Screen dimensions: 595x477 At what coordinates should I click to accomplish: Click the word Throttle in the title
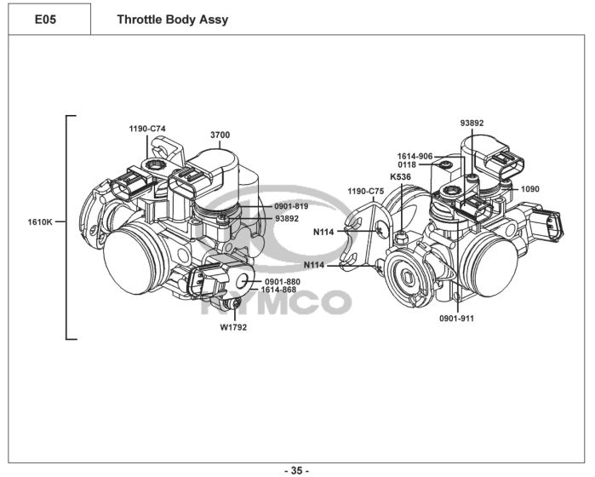pos(139,19)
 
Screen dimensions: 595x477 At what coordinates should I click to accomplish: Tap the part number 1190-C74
pos(147,129)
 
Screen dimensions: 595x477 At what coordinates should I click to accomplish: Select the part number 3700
pos(220,135)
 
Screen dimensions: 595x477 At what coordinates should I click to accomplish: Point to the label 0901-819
pos(291,206)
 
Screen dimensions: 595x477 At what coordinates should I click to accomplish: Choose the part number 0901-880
pos(282,281)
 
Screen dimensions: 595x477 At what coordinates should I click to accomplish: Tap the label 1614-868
pos(278,290)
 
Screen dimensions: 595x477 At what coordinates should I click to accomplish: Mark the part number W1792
pos(233,327)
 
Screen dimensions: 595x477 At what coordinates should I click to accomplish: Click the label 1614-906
pos(415,157)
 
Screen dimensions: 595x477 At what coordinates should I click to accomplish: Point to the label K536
pos(400,176)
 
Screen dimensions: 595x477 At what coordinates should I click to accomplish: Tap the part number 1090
pos(529,188)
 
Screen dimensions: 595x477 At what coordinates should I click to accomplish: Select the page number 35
pos(296,469)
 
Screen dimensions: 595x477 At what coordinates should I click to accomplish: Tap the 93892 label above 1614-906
pos(472,123)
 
